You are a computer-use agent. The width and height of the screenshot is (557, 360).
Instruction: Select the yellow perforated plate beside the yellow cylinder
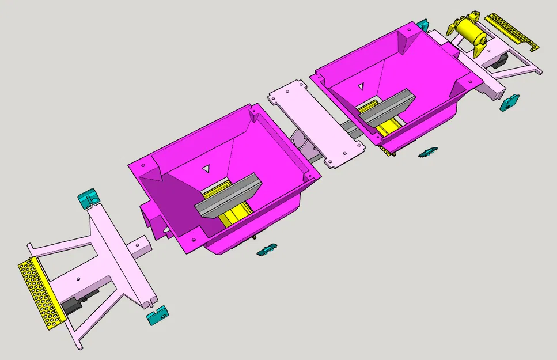coord(512,32)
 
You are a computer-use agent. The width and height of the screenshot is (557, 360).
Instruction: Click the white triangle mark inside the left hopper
coord(206,169)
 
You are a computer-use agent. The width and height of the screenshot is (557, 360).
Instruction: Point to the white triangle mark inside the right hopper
coord(361,86)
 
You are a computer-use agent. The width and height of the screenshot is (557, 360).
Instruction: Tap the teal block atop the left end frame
coord(88,197)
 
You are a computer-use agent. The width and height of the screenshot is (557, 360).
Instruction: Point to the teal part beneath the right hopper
coord(427,152)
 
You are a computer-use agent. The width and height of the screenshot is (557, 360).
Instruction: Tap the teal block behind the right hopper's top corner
coord(422,25)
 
